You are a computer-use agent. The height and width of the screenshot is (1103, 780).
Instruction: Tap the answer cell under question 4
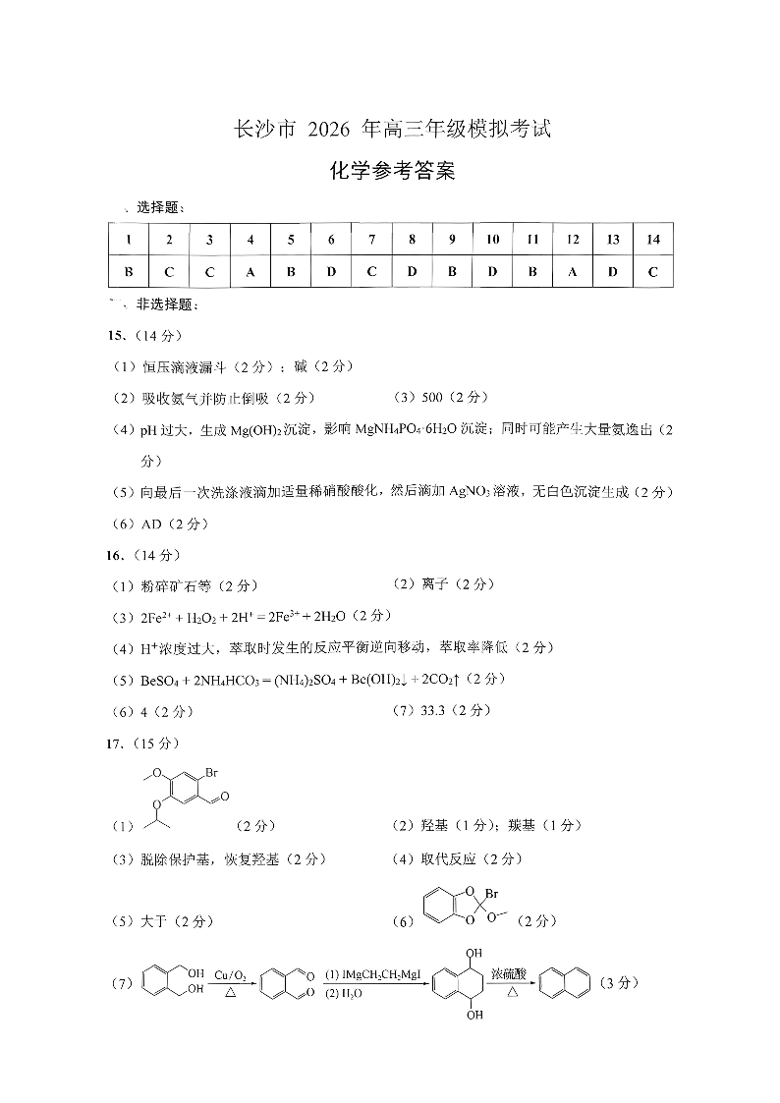pyautogui.click(x=251, y=271)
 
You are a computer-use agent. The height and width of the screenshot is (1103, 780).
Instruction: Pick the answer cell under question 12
pyautogui.click(x=573, y=271)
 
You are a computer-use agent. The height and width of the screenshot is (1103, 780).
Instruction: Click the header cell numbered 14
pyautogui.click(x=653, y=239)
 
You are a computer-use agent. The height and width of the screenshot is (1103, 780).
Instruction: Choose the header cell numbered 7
pyautogui.click(x=371, y=239)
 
